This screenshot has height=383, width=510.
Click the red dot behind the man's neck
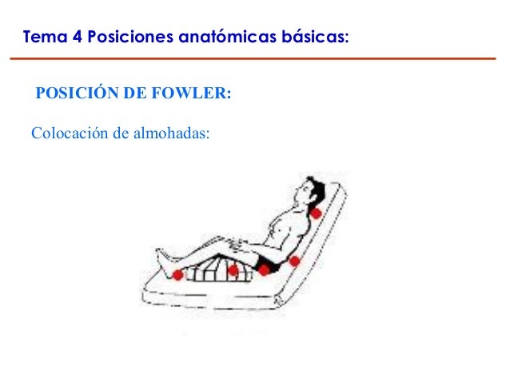[317, 213]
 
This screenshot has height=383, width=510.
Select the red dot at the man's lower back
[295, 261]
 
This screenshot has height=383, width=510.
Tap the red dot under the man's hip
[264, 270]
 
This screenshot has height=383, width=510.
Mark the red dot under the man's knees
[233, 270]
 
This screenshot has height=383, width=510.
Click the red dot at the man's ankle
[177, 275]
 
